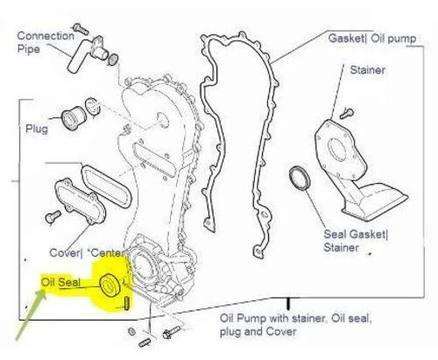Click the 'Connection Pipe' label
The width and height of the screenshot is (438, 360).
tap(46, 42)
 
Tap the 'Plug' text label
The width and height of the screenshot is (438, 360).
tap(37, 129)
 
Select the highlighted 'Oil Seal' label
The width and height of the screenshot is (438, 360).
tap(60, 282)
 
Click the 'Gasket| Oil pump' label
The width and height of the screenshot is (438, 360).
tap(372, 39)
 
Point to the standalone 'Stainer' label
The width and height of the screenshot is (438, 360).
tap(368, 70)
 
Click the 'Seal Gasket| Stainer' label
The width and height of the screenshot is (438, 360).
tap(356, 241)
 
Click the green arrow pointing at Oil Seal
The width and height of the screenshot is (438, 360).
tap(31, 314)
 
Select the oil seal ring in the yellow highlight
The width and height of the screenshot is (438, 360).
tap(109, 286)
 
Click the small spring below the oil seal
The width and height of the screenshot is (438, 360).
tap(127, 303)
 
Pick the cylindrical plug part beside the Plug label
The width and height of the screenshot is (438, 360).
tap(74, 118)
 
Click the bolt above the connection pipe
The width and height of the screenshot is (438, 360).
tap(81, 29)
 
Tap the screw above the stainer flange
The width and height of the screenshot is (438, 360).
tap(347, 113)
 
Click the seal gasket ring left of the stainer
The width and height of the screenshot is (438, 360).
tap(299, 178)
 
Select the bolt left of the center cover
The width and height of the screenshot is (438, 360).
tap(53, 217)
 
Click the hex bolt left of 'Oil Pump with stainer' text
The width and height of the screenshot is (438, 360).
tap(172, 332)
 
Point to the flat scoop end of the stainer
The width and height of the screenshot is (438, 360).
tap(379, 201)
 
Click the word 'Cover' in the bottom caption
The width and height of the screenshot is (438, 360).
tap(282, 332)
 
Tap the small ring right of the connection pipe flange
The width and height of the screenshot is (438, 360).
tap(113, 60)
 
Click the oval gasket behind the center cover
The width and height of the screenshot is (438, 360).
tap(107, 187)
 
